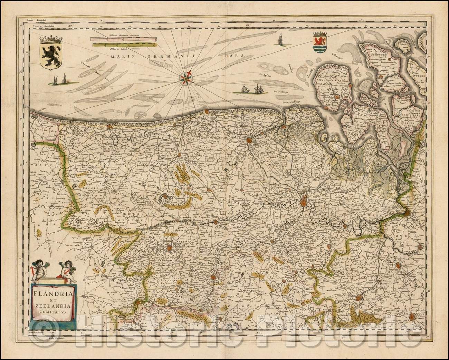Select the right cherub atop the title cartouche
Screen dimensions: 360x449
click(x=65, y=270)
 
